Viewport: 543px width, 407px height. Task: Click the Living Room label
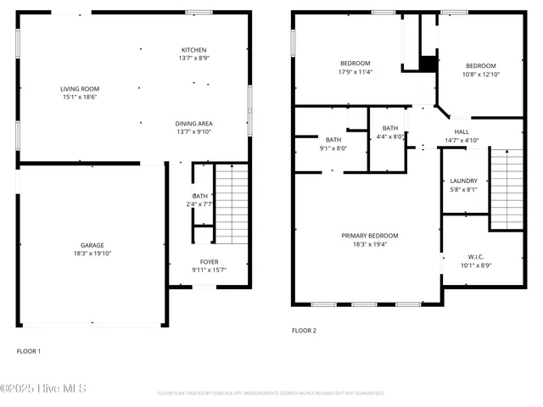point(79,89)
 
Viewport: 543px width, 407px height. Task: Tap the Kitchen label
point(193,49)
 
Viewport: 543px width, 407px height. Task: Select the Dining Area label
point(193,123)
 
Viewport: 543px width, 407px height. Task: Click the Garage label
point(92,245)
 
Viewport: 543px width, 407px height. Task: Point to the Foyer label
point(209,262)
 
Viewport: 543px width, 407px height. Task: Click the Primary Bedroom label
point(369,236)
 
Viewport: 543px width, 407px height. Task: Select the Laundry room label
point(463,181)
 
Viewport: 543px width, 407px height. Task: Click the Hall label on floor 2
point(462,131)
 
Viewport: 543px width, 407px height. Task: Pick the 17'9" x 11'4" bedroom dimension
point(355,72)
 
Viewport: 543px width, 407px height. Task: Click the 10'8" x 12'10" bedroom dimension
point(480,75)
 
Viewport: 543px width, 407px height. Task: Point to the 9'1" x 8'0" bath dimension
point(333,148)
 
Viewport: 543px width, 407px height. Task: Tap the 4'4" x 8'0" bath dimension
point(389,137)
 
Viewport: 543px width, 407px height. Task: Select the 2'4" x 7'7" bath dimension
point(199,204)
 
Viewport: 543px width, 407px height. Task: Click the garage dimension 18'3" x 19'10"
point(92,253)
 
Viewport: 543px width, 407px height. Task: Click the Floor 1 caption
point(29,350)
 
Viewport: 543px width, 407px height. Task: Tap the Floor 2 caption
point(304,331)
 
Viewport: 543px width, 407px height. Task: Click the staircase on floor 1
point(231,203)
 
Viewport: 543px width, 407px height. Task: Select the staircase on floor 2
point(507,188)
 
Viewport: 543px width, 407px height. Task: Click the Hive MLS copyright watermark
point(43,389)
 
